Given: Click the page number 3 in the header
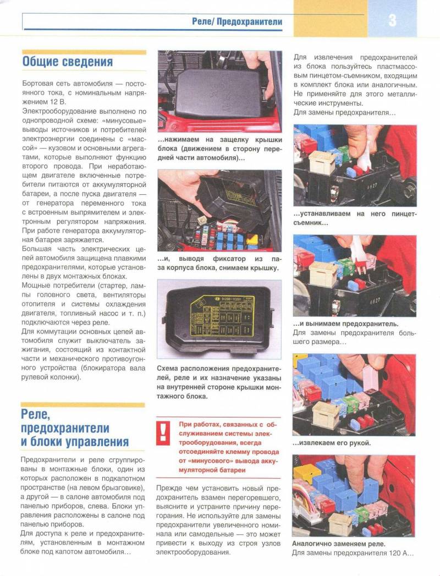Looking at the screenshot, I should tap(392, 20).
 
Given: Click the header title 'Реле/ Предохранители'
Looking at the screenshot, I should tap(237, 22).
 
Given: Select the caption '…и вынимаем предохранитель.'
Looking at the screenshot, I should tap(346, 323).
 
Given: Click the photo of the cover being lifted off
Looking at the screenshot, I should tap(219, 210).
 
